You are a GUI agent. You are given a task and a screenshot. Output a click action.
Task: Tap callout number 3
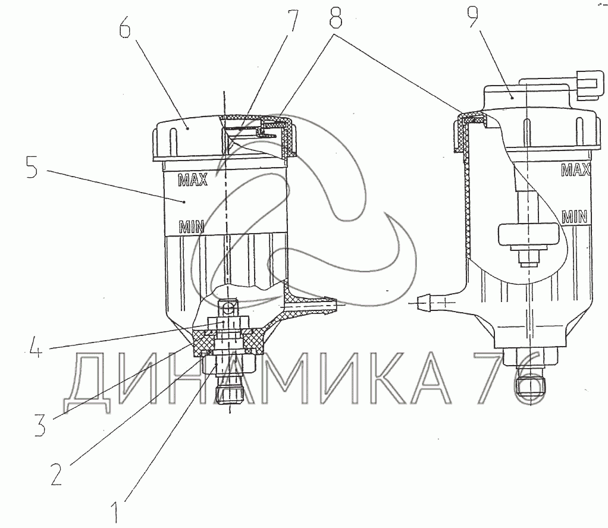point(40,425)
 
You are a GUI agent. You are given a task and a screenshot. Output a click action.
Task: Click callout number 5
point(32,166)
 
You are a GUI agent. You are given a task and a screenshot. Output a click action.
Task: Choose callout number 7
point(292,20)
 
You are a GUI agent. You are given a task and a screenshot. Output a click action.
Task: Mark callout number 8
point(336,17)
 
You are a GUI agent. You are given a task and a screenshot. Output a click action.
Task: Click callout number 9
point(473,15)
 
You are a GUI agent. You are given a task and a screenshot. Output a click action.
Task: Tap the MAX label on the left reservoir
point(193,180)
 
